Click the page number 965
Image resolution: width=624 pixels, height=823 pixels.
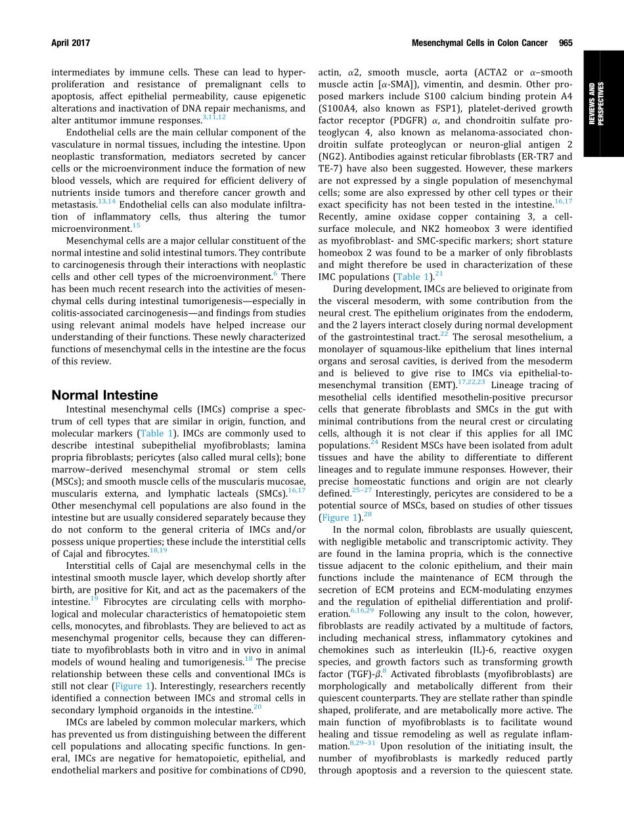coord(566,43)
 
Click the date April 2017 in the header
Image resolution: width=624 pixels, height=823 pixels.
coord(70,43)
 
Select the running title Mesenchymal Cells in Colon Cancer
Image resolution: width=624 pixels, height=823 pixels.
coord(479,43)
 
